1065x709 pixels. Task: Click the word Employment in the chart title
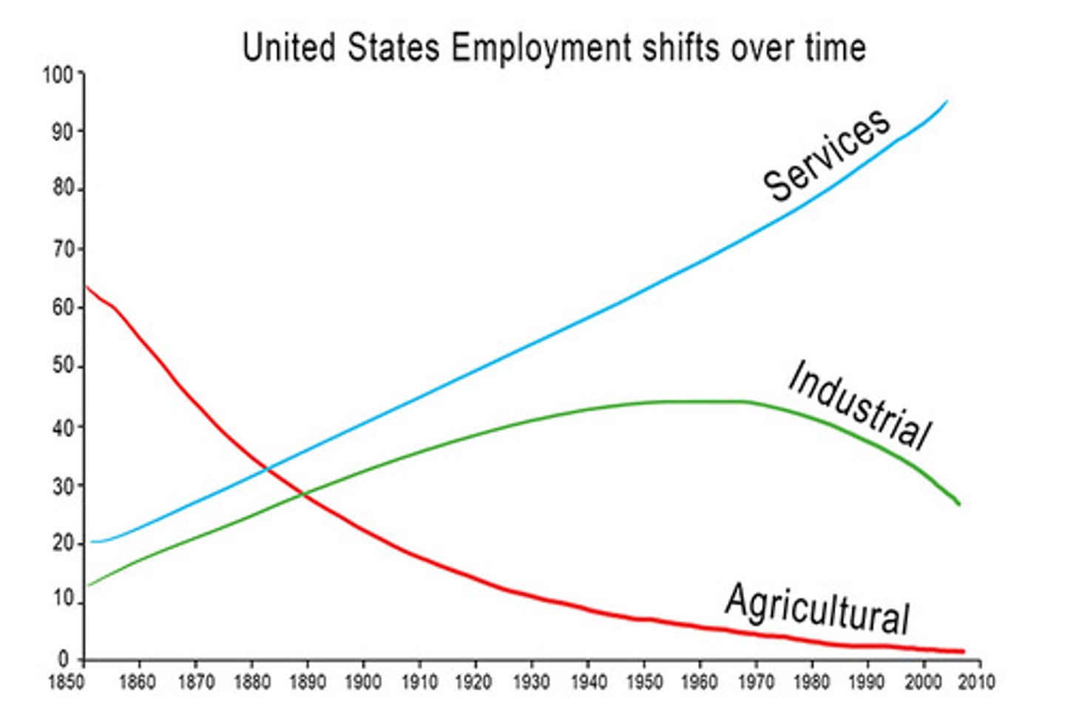pos(541,48)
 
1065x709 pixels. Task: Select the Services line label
pos(827,155)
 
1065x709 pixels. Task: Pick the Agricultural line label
pos(817,608)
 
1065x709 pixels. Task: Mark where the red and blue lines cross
pos(269,467)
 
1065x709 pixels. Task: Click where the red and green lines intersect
pos(303,494)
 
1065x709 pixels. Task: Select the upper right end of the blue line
pos(946,101)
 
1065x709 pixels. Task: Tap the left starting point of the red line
pos(87,286)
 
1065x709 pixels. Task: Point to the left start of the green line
pos(88,586)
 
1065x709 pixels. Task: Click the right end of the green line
pos(959,504)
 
